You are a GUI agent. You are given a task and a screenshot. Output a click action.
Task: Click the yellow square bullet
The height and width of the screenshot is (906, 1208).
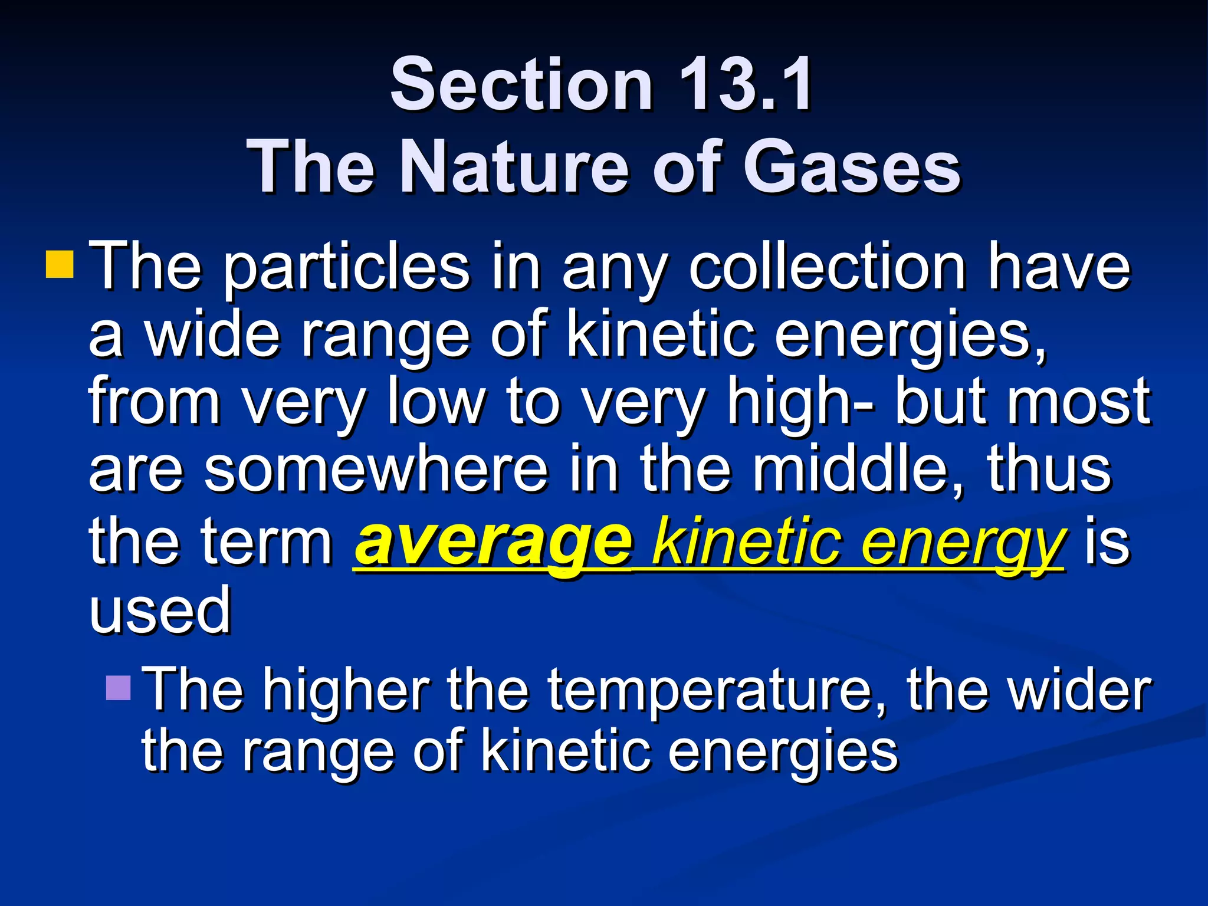pos(60,264)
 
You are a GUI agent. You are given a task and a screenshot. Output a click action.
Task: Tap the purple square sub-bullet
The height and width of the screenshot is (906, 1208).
pos(118,688)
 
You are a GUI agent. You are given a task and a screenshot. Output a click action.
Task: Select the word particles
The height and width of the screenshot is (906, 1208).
pos(347,268)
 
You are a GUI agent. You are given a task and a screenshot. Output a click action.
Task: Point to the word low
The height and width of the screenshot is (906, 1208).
pos(435,401)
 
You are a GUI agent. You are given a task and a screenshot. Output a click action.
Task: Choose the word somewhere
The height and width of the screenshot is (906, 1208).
pos(376,470)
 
